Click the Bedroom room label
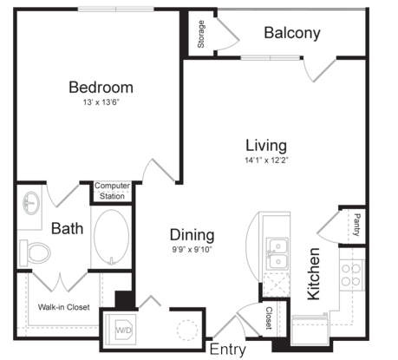tap(101, 88)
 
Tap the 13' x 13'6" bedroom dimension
tap(101, 102)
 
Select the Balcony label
tap(292, 33)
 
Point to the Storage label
tap(200, 34)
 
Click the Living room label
tap(266, 146)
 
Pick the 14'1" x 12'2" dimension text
tap(266, 160)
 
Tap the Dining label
tap(192, 235)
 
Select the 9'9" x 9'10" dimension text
tap(192, 249)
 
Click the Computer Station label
tap(112, 191)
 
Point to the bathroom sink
tap(31, 203)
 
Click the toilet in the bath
tap(35, 253)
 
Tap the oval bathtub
tap(112, 237)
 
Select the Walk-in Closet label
tap(64, 307)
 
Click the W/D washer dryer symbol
tap(124, 330)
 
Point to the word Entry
tap(228, 350)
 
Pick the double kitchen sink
tap(277, 254)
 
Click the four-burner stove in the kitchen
tap(351, 275)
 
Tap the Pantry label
tap(357, 225)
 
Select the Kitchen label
tap(314, 274)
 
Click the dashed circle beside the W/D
tap(187, 330)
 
